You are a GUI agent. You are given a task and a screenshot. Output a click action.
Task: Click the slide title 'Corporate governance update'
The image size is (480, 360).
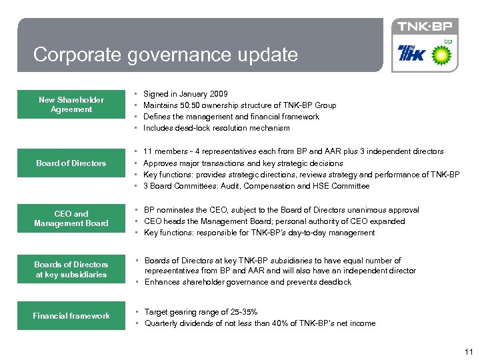tap(165, 54)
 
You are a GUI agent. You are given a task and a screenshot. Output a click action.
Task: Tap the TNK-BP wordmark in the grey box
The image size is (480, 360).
tap(425, 27)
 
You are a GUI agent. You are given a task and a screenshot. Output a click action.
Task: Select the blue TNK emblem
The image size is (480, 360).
tap(411, 53)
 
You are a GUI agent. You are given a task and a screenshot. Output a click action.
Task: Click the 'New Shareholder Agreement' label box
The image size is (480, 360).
tap(71, 105)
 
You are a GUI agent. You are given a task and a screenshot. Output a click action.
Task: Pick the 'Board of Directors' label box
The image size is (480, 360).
tap(71, 163)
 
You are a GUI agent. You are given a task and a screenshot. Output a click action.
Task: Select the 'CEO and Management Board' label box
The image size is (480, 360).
tap(71, 219)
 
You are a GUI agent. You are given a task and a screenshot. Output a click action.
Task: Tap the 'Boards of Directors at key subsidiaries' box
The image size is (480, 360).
tap(71, 269)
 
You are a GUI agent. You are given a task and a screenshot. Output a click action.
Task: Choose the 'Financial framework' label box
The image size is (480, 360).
tap(71, 316)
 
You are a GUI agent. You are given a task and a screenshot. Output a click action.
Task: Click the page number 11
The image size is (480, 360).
tap(468, 351)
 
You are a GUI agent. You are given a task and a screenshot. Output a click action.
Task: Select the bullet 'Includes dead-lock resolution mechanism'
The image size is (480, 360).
tap(217, 128)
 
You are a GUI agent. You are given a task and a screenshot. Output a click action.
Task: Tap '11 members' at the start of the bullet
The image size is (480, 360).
tap(162, 152)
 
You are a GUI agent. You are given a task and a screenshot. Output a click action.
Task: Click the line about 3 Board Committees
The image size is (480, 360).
tap(256, 186)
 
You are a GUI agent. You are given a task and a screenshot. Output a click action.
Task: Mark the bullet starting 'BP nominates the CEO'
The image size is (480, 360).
tap(281, 210)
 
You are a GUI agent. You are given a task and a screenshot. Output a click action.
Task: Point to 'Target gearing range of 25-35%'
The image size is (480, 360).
tap(201, 312)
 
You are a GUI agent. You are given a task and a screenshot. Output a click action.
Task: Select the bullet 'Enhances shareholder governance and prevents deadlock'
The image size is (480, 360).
tap(247, 282)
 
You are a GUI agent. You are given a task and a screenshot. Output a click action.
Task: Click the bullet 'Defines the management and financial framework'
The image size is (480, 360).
tap(231, 117)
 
